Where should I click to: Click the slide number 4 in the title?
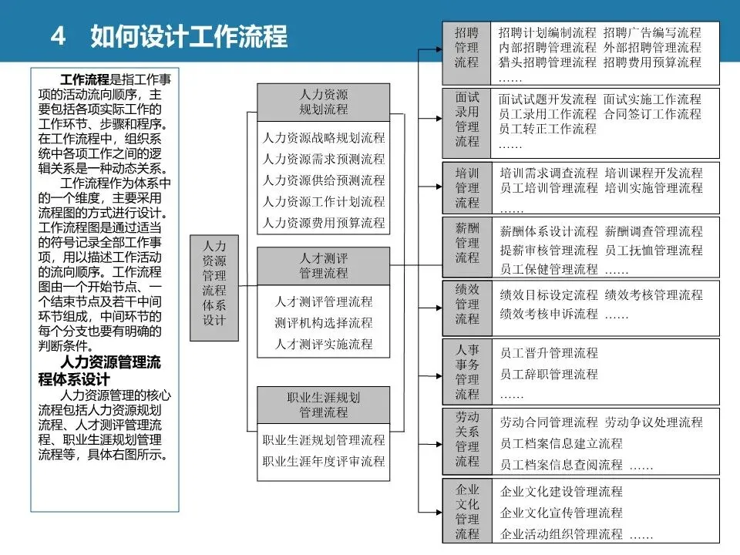(57, 36)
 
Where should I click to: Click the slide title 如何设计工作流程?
(188, 36)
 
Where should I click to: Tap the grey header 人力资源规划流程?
(324, 102)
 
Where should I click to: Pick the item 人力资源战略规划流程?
(324, 138)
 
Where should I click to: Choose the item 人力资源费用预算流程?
(324, 222)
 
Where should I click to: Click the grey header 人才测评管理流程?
(324, 265)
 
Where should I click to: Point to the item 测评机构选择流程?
(324, 322)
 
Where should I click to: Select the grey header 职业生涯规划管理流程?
(324, 405)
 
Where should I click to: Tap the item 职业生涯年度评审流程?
(324, 461)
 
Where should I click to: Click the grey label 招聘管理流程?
(466, 48)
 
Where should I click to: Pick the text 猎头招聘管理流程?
(547, 62)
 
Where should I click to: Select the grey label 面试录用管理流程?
(466, 119)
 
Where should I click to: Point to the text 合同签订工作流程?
(652, 114)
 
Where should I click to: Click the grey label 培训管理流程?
(466, 187)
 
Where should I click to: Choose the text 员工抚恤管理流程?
(654, 250)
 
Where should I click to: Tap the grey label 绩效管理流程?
(466, 304)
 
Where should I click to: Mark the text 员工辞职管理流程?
(549, 374)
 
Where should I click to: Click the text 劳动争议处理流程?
(654, 422)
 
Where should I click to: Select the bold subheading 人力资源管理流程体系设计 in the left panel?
(99, 371)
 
